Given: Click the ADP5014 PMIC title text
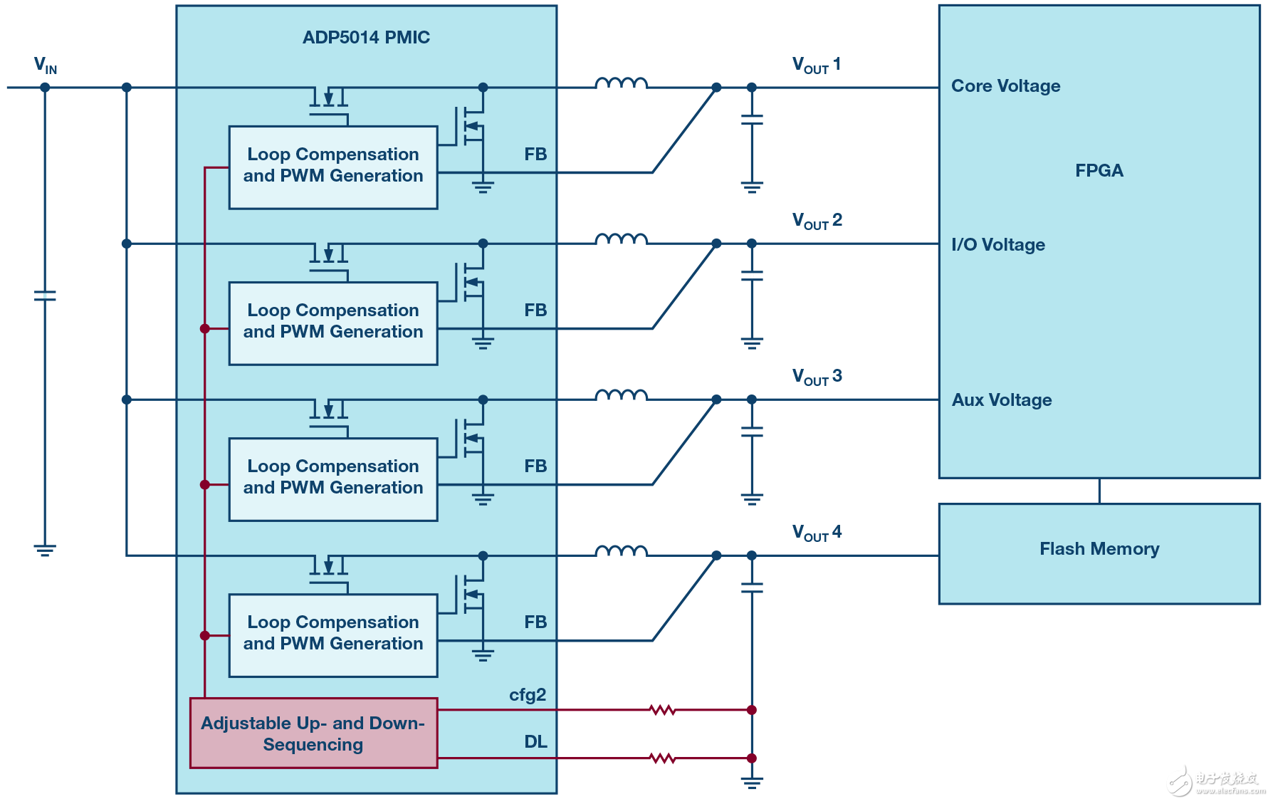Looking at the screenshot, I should point(366,38).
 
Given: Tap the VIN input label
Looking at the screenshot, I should point(45,66).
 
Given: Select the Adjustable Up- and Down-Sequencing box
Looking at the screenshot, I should point(313,733).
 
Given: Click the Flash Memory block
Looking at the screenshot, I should point(1099,549).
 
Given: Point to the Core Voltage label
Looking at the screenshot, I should point(1005,86).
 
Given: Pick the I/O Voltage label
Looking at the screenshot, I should point(998,245).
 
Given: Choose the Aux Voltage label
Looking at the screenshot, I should point(1002,400).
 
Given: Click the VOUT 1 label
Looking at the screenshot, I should point(817,66).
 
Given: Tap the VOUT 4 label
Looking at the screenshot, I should point(817,533).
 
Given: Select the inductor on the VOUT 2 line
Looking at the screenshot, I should point(621,239).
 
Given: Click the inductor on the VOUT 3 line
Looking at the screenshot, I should point(621,395).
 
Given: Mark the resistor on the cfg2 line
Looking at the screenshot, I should point(662,710).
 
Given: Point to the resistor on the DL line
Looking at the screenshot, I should point(662,758).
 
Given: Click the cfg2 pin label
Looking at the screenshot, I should point(528,695).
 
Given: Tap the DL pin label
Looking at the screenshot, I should point(535,742).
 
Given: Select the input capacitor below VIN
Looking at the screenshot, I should point(45,295).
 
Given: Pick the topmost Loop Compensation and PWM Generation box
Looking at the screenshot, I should point(333,167).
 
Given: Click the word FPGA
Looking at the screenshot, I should point(1099,171).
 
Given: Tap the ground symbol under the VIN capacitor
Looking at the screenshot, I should point(45,550).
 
